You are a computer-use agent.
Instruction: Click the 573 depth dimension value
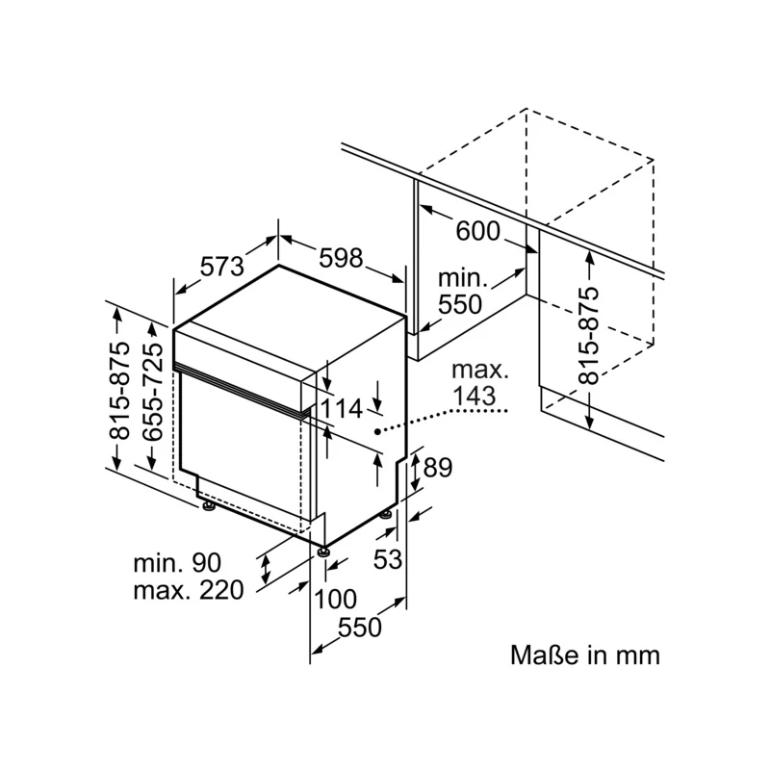222,267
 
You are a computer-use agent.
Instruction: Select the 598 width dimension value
341,258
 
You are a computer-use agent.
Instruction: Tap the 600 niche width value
477,231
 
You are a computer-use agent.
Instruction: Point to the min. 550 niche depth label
462,292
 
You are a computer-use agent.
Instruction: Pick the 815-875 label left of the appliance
119,391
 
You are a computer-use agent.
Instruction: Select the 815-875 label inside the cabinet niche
589,335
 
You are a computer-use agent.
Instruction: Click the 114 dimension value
342,408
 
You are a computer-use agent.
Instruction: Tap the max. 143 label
479,383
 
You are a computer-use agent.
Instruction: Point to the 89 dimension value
438,468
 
